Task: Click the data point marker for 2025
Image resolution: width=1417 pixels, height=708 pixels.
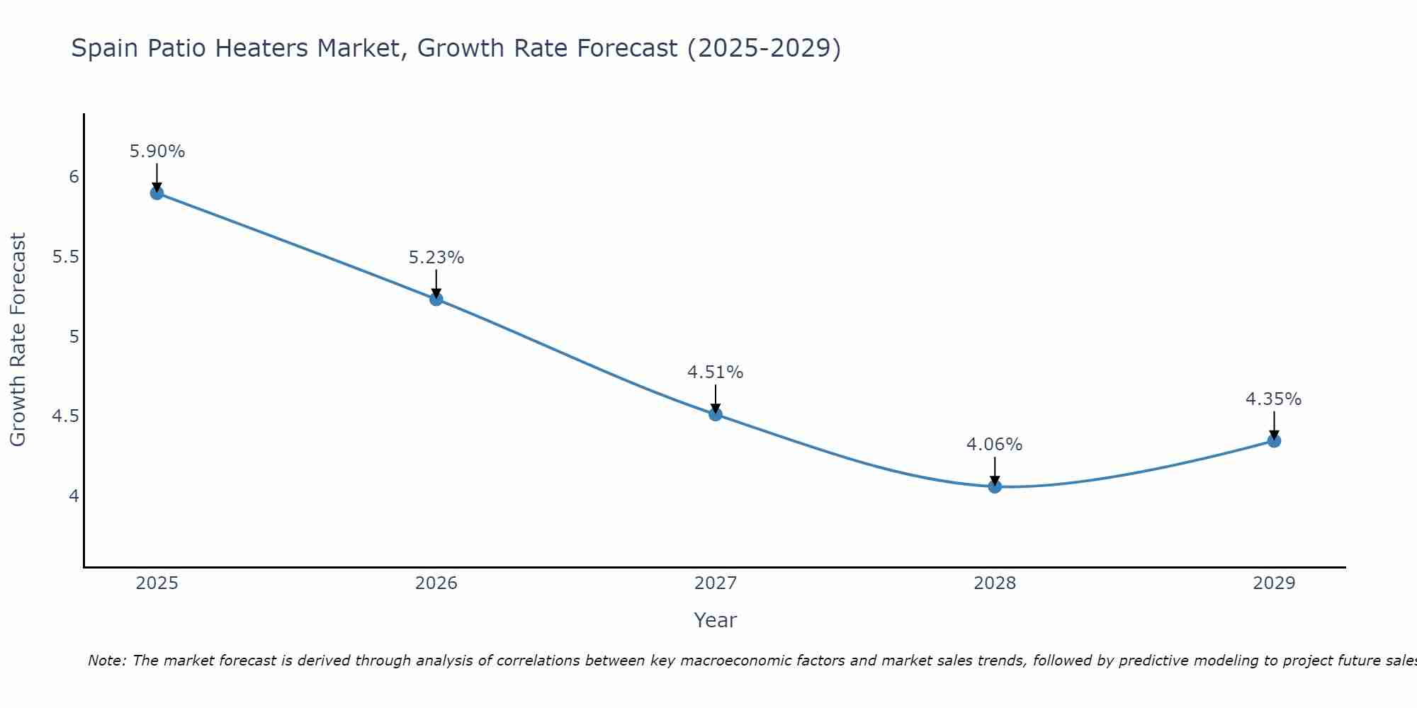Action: coord(157,193)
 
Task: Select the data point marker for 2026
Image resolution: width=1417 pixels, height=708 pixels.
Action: coord(436,299)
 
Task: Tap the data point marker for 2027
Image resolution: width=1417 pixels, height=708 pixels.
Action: coord(716,414)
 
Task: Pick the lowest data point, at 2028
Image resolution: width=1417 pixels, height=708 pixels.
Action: coord(995,486)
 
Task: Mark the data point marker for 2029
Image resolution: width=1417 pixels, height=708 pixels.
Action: coord(1274,441)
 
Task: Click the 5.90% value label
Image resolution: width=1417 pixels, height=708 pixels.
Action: coord(157,152)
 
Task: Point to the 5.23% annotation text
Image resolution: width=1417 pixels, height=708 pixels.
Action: coord(436,258)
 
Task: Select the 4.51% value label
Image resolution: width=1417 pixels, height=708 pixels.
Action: coord(716,372)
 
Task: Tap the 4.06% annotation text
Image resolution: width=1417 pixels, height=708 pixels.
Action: coord(995,445)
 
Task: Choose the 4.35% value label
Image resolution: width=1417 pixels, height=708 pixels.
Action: coord(1274,399)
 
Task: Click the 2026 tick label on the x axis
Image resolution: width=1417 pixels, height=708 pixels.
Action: coord(436,583)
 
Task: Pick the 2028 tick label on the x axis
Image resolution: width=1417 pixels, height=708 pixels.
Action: coord(995,583)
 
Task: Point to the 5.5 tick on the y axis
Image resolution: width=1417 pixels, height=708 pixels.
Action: coord(65,257)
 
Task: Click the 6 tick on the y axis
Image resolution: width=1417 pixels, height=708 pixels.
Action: coord(74,177)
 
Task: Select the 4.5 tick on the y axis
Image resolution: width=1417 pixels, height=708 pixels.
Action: coord(65,416)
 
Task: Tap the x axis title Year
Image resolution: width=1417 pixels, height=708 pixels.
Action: coord(716,620)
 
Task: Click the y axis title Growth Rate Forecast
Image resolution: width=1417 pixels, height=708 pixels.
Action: coord(18,340)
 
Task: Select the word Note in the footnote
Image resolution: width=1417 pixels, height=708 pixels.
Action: coord(106,661)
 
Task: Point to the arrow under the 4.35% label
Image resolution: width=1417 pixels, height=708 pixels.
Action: coord(1274,426)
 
